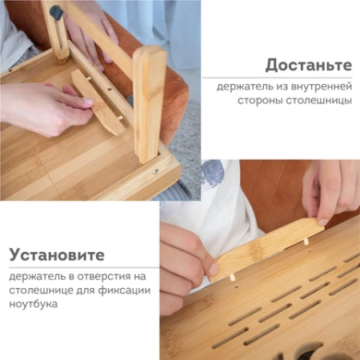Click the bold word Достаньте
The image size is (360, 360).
(309, 65)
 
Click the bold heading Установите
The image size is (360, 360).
(57, 255)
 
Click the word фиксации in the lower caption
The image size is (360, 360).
(114, 291)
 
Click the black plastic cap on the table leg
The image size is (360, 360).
(56, 13)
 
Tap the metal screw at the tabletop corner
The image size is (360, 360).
(156, 170)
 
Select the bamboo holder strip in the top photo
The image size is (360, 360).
(97, 100)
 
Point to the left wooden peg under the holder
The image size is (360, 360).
(232, 277)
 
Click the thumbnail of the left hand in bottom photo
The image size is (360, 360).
(213, 270)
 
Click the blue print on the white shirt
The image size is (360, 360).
(214, 173)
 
